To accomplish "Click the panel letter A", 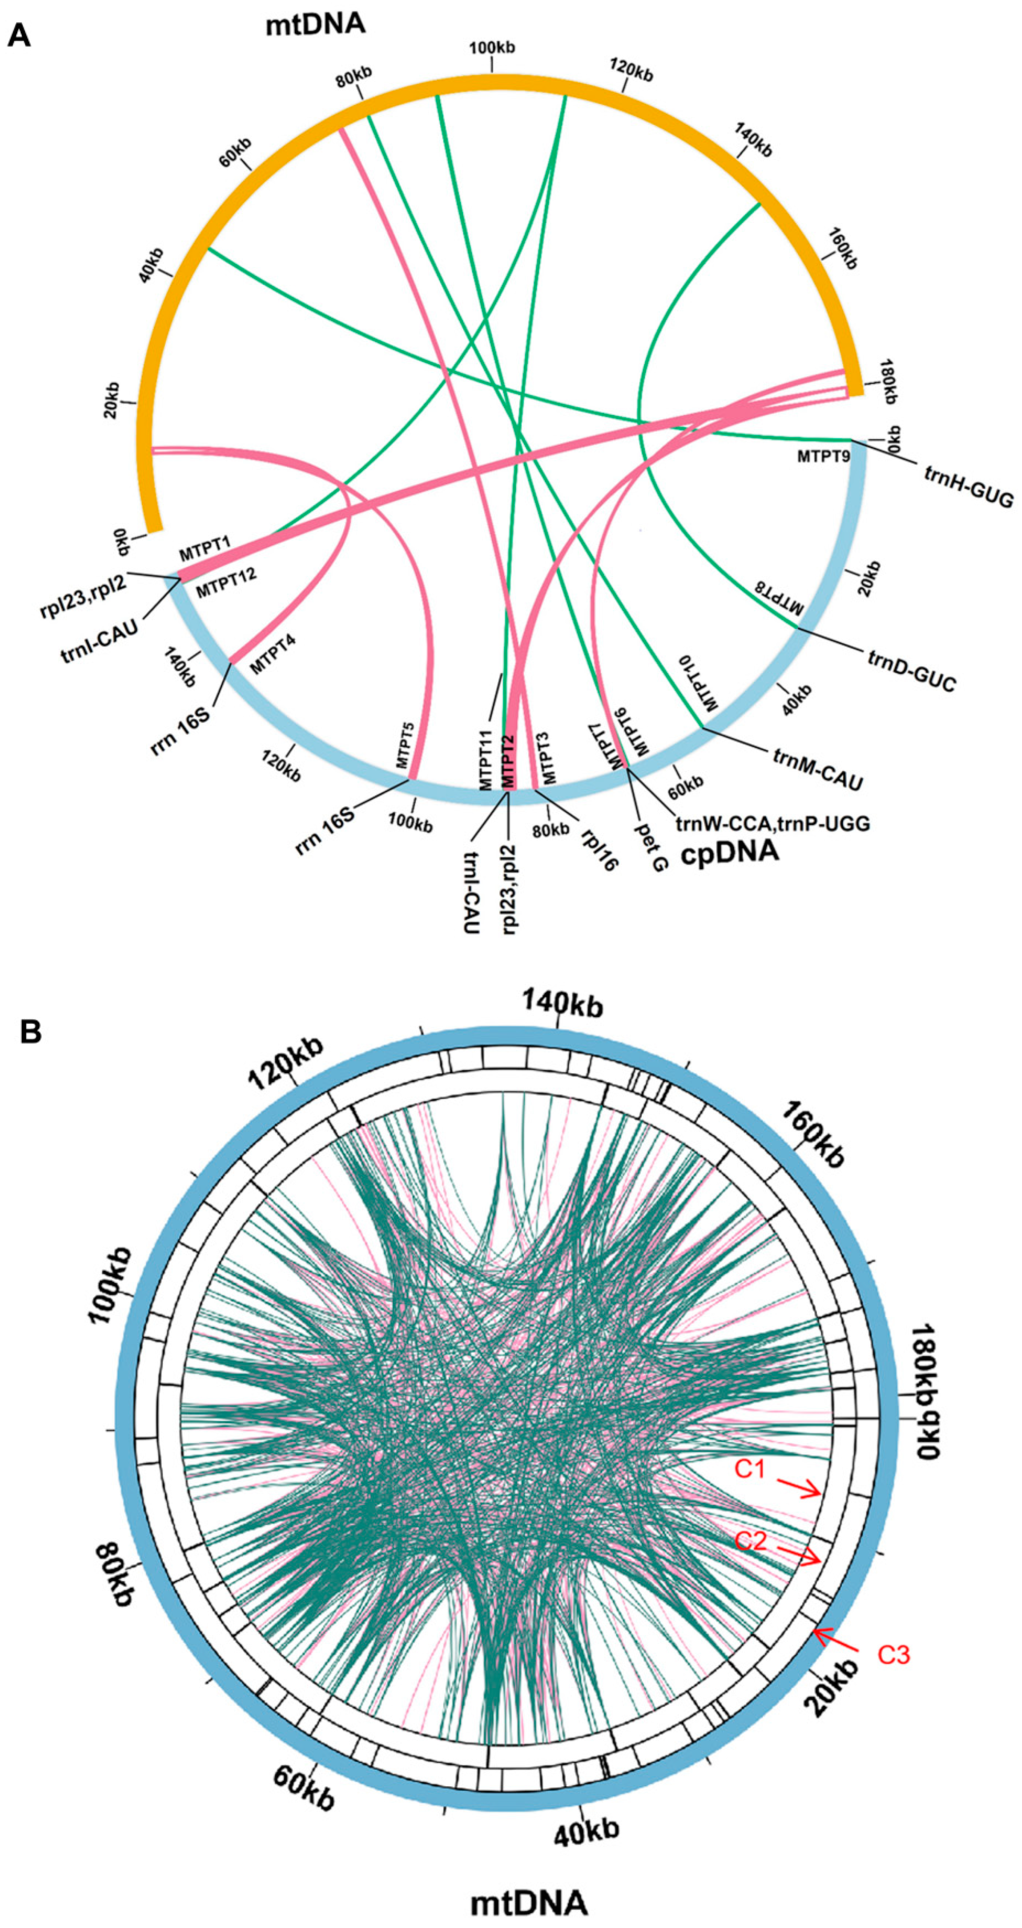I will point(19,35).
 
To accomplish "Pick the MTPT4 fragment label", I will point(272,654).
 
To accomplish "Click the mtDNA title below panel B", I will point(528,1897).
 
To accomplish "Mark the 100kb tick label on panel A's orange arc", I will point(492,48).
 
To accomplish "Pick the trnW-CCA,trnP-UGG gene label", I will point(772,824).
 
